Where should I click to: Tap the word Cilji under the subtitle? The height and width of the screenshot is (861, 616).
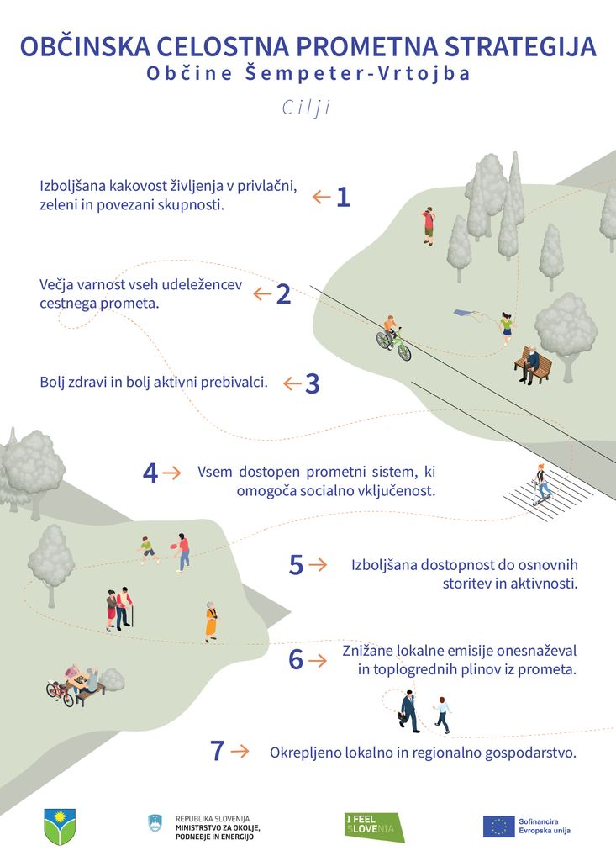[x=307, y=108]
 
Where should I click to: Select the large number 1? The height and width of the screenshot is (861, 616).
[x=343, y=197]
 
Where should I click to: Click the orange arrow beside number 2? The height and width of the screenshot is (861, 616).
[x=262, y=294]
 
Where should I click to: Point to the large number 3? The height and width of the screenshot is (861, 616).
[x=313, y=383]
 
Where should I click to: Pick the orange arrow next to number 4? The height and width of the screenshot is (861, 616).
[x=171, y=473]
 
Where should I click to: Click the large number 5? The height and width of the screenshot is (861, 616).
[x=296, y=565]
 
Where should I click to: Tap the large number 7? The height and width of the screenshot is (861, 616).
[x=218, y=751]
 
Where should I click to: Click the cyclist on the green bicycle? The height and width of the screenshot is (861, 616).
[x=393, y=338]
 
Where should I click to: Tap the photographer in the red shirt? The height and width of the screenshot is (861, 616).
[x=429, y=226]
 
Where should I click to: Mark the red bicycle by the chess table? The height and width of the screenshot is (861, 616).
[x=60, y=694]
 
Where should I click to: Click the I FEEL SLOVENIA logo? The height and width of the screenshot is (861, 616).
[x=375, y=827]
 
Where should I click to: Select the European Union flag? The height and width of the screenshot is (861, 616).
[x=498, y=827]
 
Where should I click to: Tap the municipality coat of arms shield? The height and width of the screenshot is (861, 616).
[x=60, y=827]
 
